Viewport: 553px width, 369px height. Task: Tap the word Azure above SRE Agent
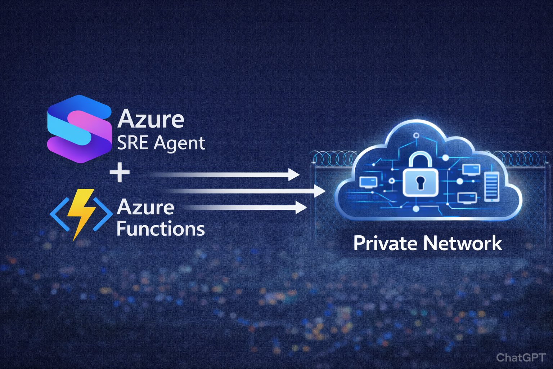(x=150, y=119)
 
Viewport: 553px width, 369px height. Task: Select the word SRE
(x=132, y=143)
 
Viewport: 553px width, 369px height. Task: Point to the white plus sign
(x=120, y=173)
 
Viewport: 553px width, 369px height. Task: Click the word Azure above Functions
(x=145, y=208)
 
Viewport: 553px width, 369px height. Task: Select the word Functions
(x=161, y=229)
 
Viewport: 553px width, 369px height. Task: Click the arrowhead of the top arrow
(x=294, y=175)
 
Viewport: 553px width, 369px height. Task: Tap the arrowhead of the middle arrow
(x=319, y=191)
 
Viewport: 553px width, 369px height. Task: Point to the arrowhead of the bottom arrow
(x=301, y=208)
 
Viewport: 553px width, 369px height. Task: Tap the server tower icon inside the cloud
(x=492, y=187)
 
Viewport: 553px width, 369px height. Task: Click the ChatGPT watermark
(x=520, y=357)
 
